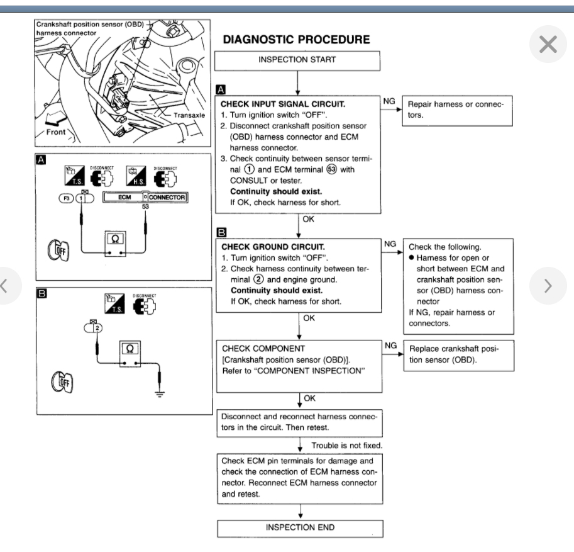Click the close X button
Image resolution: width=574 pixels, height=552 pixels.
[x=548, y=45]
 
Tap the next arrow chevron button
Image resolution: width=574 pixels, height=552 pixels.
[x=548, y=286]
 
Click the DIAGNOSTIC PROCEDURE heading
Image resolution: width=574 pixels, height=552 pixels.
[x=297, y=40]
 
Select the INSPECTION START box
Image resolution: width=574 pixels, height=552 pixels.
[x=297, y=60]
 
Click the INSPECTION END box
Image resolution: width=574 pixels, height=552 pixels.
[x=300, y=527]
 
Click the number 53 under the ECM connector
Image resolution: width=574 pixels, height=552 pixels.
[x=145, y=206]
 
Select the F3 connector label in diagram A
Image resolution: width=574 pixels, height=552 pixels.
[x=65, y=197]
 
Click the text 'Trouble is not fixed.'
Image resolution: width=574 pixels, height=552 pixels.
[x=347, y=445]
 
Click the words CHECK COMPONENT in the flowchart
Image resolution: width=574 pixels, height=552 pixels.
[x=254, y=348]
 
